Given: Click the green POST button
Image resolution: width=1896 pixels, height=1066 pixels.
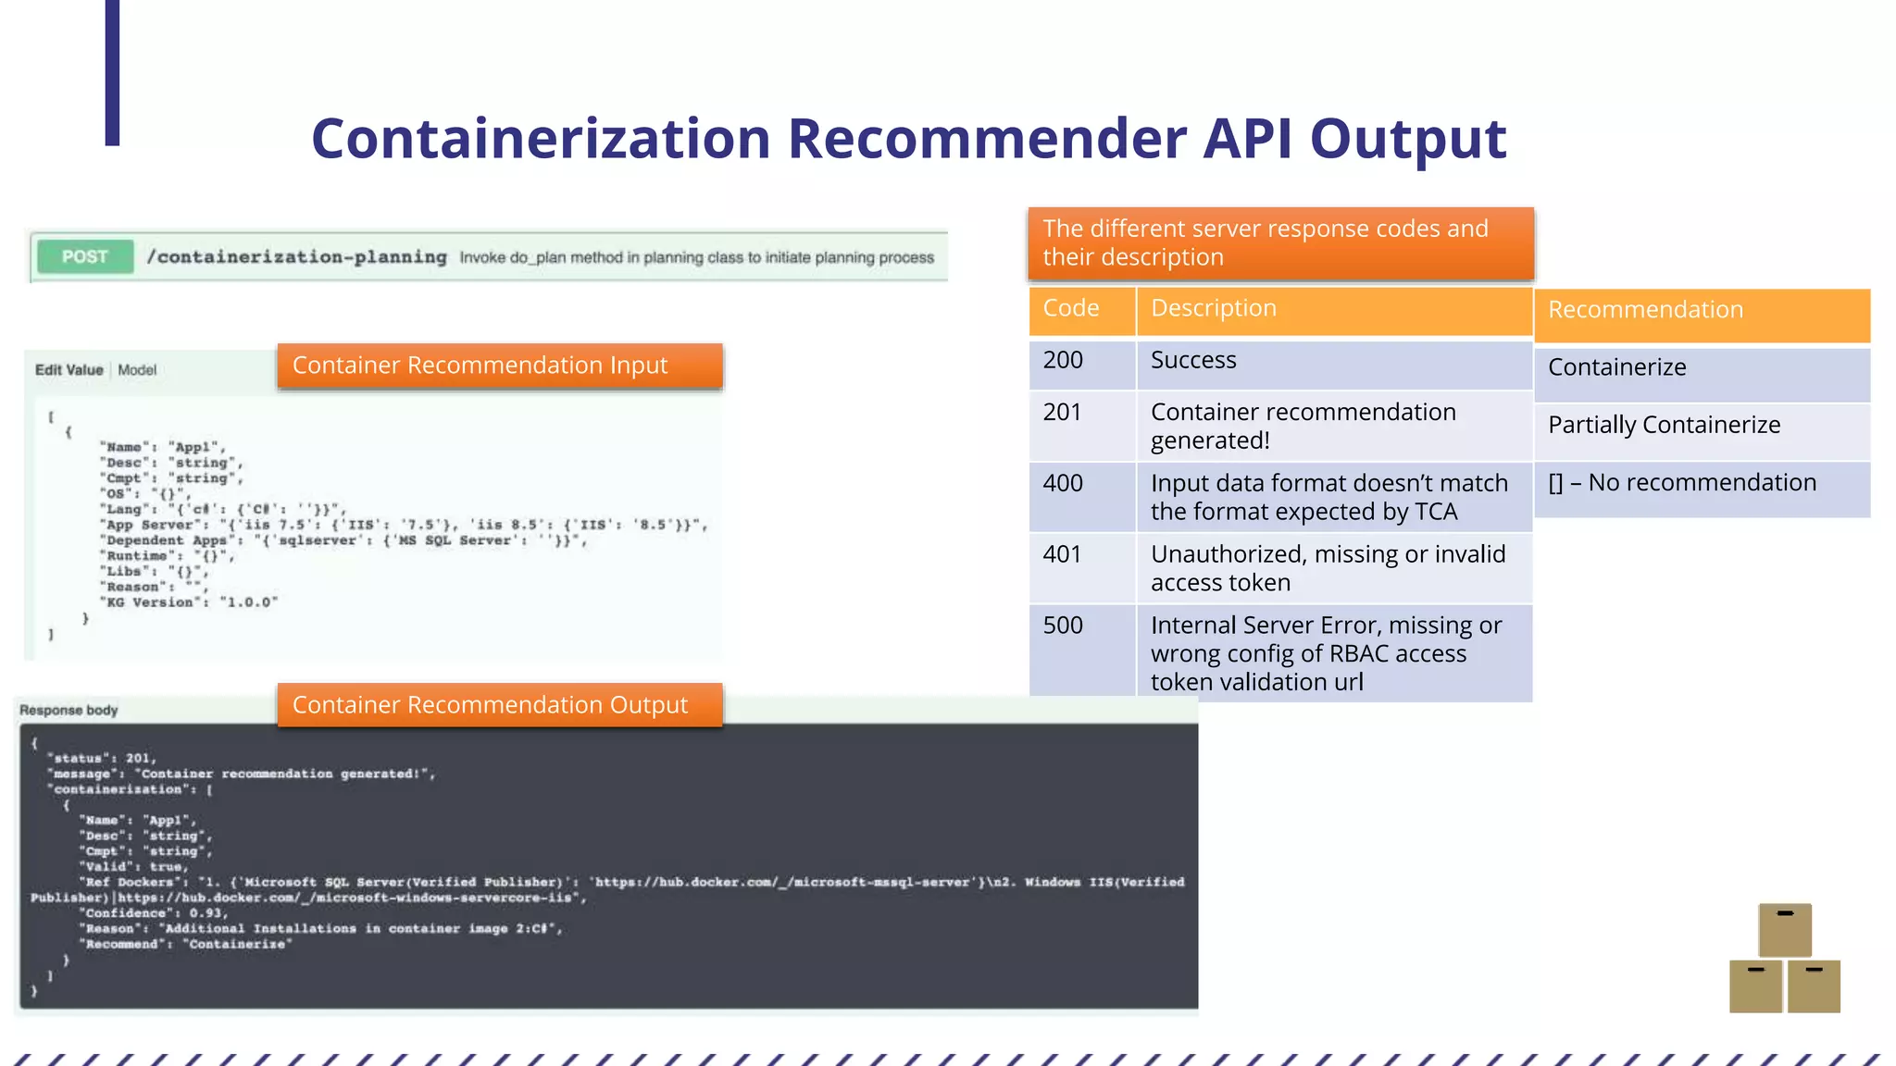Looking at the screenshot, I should [x=85, y=257].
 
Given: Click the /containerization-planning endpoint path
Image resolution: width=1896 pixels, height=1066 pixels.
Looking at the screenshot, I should [x=297, y=257].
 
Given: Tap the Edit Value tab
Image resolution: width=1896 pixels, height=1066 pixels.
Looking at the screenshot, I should [x=69, y=370].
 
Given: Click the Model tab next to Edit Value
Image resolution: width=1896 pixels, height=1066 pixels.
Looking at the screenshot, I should [x=137, y=370].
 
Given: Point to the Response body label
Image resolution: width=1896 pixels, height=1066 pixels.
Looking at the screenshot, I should [x=69, y=711].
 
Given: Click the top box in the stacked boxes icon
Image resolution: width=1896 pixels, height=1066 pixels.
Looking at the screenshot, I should [x=1784, y=930].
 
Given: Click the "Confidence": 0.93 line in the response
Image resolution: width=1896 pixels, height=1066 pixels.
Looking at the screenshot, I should [x=154, y=913].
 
